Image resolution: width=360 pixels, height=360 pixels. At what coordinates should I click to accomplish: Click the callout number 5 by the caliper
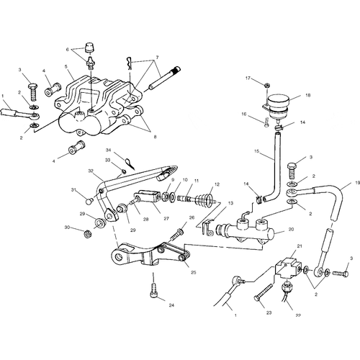tap(66, 66)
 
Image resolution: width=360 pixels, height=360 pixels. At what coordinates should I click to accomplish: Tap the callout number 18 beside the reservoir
tap(308, 95)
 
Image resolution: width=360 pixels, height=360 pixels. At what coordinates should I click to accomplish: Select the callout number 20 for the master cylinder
tap(291, 230)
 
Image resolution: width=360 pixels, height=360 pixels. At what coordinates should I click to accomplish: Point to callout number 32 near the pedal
tap(91, 171)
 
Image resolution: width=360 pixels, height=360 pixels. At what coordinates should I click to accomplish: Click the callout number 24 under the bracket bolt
tap(171, 305)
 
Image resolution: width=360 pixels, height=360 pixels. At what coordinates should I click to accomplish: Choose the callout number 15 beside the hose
tap(257, 151)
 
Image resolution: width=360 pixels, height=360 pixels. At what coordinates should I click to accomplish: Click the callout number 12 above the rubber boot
tap(217, 184)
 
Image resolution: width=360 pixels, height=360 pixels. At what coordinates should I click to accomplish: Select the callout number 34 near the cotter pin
tap(109, 150)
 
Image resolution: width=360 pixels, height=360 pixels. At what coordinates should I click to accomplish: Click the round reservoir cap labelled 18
tap(278, 102)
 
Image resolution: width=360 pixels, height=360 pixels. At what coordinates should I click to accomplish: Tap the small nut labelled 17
tap(266, 85)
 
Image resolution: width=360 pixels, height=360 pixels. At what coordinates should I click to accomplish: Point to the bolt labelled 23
tap(263, 292)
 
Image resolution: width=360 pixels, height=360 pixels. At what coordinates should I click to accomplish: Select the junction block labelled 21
tap(288, 268)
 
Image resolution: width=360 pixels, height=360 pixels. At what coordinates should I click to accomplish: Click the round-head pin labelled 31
tap(89, 201)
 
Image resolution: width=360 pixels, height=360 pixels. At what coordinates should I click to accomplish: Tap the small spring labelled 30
tap(88, 233)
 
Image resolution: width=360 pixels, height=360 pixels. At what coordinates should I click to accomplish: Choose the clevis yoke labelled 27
tap(147, 196)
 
